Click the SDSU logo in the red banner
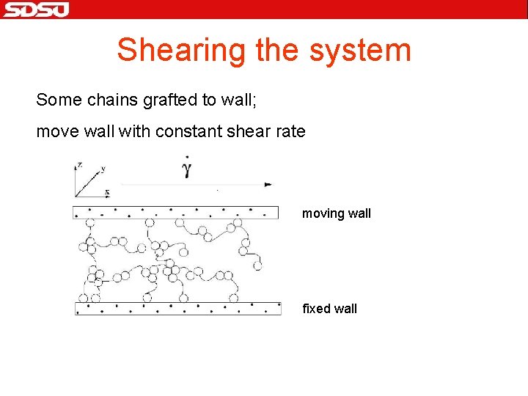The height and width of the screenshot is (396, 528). [x=35, y=10]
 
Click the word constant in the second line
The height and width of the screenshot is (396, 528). [x=193, y=132]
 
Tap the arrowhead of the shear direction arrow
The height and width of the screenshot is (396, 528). [x=268, y=185]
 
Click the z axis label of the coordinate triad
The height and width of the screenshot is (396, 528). [x=79, y=163]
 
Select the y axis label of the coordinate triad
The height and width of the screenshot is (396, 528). [x=103, y=168]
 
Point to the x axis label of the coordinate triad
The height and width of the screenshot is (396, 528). [x=107, y=192]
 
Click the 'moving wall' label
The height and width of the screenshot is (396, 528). [x=337, y=213]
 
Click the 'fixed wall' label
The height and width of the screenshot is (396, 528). [x=329, y=309]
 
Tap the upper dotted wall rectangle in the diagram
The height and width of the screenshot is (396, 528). [x=175, y=213]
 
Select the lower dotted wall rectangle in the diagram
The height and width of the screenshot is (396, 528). [x=177, y=308]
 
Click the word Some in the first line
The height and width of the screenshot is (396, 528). [x=54, y=99]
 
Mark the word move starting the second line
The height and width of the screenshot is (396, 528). [x=54, y=132]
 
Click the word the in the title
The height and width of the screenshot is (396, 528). [x=279, y=50]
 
